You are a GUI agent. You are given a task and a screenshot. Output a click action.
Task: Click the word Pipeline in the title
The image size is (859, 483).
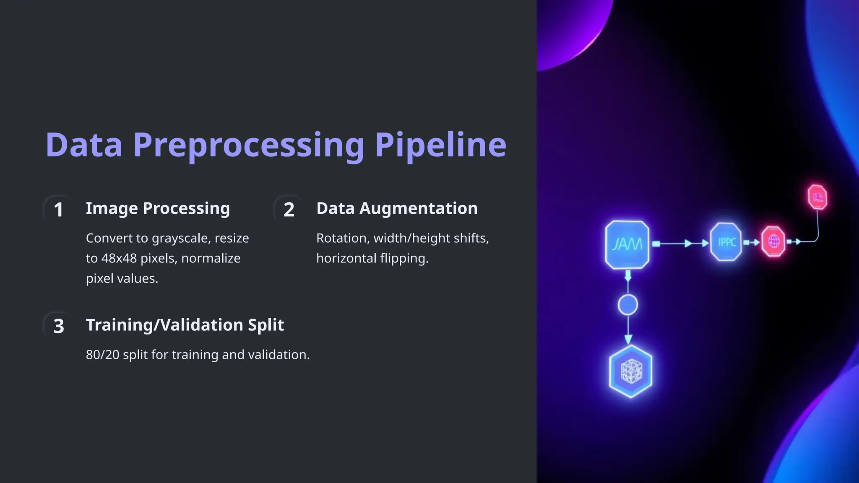pos(440,145)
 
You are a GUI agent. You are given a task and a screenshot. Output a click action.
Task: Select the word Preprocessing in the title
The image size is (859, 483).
pos(248,145)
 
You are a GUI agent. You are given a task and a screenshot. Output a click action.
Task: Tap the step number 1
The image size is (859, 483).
pos(59,209)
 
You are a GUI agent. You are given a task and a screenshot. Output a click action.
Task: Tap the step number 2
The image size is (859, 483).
pos(289,209)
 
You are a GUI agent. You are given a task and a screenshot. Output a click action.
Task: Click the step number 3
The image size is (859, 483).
pos(59,326)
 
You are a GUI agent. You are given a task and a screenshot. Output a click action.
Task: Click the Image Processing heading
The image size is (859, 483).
pos(158,208)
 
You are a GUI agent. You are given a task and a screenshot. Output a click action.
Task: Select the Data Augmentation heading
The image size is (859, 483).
pos(397,208)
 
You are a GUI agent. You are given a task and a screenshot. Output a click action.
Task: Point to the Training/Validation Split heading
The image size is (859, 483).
pos(185,325)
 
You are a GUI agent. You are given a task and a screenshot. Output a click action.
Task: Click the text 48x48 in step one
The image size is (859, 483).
pos(119,258)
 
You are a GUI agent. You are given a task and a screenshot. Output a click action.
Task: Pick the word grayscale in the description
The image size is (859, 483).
pos(181,238)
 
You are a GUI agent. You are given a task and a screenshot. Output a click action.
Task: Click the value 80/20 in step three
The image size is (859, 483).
pos(102,355)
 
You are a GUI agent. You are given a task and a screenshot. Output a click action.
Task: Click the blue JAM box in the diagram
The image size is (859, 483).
pos(627,244)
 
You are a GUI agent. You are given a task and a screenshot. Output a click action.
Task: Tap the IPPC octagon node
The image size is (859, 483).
pos(726,242)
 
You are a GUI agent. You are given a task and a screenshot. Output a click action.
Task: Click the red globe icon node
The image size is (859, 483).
pos(773,241)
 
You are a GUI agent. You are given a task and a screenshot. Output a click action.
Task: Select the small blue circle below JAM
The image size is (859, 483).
pos(628,305)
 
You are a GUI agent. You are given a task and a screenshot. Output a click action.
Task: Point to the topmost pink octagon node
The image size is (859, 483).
pos(817,197)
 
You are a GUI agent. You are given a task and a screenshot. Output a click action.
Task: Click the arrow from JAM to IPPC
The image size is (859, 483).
pos(679,243)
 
